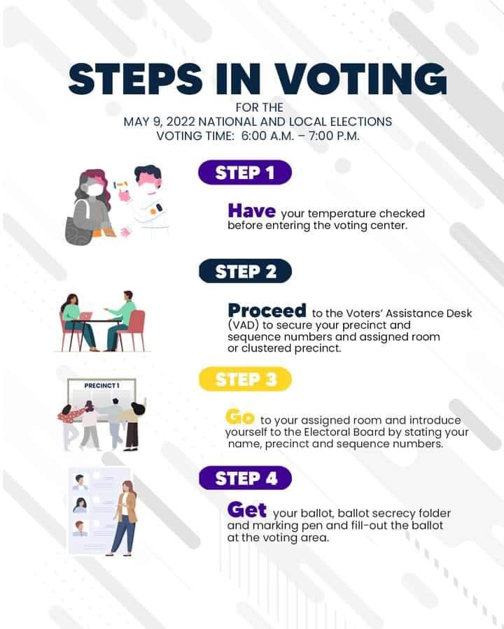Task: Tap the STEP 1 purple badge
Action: (245, 173)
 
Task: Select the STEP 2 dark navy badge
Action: (245, 271)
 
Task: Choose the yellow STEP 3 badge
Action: (245, 379)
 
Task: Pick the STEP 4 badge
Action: (245, 478)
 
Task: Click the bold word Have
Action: (251, 211)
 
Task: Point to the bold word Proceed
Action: (267, 310)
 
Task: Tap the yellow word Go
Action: (240, 417)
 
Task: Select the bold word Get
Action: (247, 510)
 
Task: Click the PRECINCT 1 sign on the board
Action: (101, 386)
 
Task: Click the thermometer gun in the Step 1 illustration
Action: (120, 185)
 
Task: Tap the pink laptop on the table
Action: (85, 316)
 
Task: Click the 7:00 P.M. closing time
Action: (334, 136)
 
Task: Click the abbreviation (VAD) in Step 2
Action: (243, 325)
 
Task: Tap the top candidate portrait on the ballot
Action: (80, 482)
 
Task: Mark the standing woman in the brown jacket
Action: (125, 518)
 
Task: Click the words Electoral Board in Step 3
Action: (344, 432)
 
